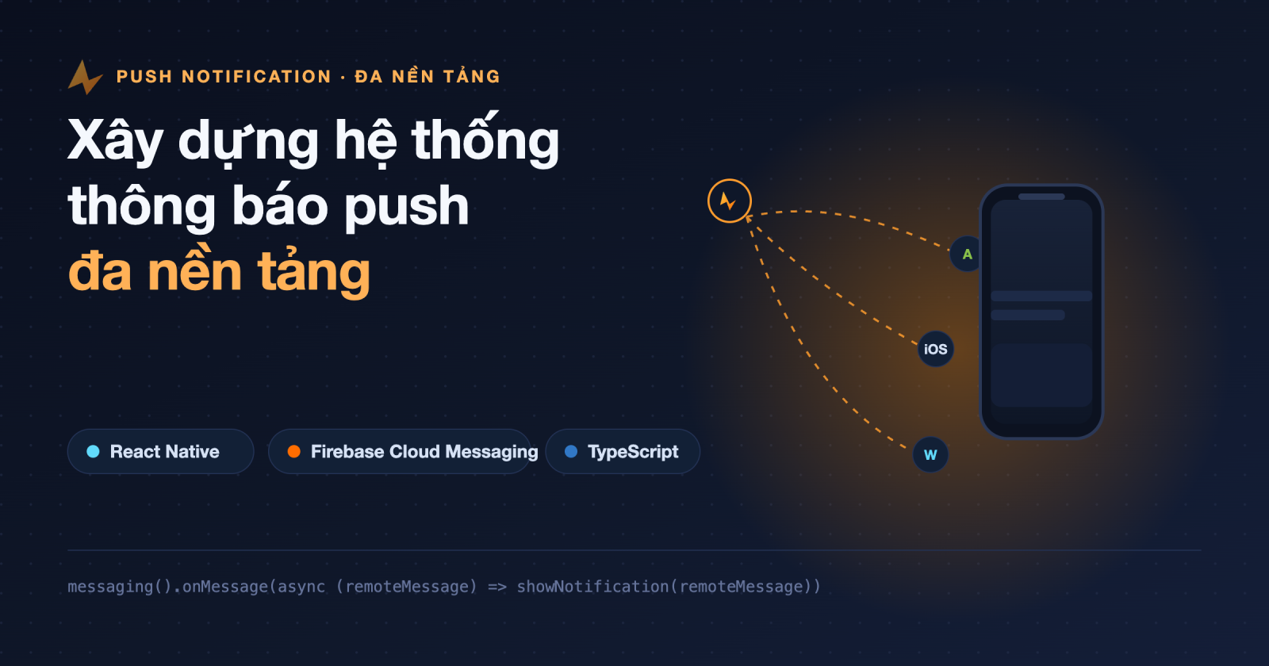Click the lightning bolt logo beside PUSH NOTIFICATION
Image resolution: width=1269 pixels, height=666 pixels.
click(85, 78)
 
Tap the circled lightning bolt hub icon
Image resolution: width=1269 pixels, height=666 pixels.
click(729, 201)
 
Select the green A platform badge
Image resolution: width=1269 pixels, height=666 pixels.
click(967, 255)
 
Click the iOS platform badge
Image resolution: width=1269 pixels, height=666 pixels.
click(935, 349)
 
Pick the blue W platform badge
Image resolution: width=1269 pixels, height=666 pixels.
click(930, 454)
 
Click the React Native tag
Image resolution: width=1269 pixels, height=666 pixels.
click(160, 451)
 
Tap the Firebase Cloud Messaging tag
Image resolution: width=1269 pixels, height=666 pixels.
click(400, 451)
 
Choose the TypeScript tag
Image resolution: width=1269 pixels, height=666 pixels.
click(623, 451)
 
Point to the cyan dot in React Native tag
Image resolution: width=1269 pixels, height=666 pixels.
click(93, 451)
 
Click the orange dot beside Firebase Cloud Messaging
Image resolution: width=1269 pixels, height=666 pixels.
click(293, 451)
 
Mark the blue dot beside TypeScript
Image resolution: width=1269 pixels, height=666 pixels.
click(571, 451)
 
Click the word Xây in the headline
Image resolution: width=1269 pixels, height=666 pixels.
click(116, 141)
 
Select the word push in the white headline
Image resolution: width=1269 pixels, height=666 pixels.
click(407, 207)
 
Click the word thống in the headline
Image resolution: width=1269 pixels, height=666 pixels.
click(485, 139)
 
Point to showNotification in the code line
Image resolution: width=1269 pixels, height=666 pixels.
click(592, 586)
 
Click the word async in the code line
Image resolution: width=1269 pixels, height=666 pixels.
click(301, 587)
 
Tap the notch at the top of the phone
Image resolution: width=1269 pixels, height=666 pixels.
click(1041, 197)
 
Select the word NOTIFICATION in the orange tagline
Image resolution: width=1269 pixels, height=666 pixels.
click(257, 76)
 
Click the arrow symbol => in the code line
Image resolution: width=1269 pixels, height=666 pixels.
click(497, 587)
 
